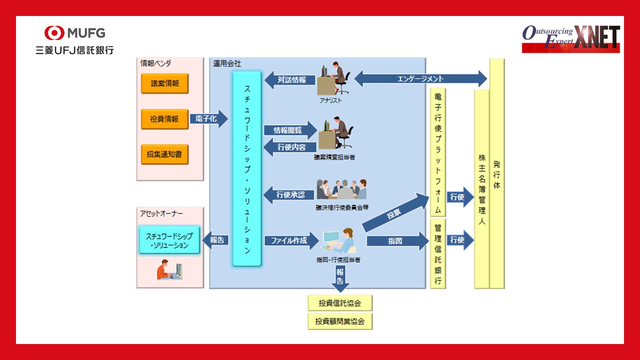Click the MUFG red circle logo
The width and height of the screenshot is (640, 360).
click(x=54, y=33)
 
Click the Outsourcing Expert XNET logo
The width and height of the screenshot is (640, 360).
click(x=570, y=39)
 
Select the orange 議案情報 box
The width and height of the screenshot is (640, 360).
click(x=164, y=83)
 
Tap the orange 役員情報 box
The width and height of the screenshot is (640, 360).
click(x=164, y=119)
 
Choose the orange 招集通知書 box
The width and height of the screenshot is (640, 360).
click(x=164, y=154)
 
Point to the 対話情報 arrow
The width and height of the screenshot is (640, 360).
click(x=289, y=79)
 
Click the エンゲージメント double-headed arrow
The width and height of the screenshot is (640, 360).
click(x=420, y=78)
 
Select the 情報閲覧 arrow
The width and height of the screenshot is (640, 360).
click(x=290, y=130)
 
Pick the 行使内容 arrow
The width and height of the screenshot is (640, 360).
click(x=289, y=147)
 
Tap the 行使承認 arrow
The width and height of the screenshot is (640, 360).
click(x=289, y=194)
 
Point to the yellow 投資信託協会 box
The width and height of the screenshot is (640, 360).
click(x=340, y=302)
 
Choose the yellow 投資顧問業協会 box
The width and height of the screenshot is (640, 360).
click(x=340, y=321)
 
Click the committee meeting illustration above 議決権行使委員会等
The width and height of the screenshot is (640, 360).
click(x=342, y=190)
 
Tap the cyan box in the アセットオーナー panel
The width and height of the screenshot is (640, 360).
click(x=169, y=240)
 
